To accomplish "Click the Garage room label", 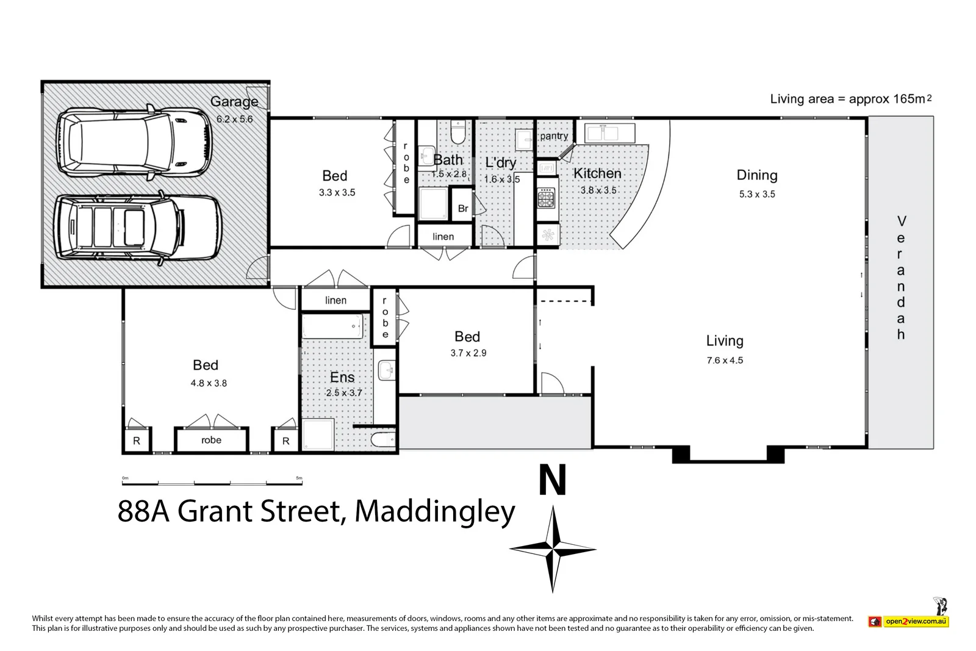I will tap(234, 102).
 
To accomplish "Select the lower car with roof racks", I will tap(137, 227).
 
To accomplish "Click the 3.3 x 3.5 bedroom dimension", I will tap(337, 192).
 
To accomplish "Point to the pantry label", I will tap(554, 136).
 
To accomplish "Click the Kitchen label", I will tap(597, 173).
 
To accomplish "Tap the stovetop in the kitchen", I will tap(547, 198).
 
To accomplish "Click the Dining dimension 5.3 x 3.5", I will tap(757, 194).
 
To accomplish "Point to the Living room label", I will tap(725, 341).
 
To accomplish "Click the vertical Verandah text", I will tap(901, 278).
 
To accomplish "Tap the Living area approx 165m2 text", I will tap(850, 99).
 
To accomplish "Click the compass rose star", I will tap(553, 549).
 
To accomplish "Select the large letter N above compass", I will tap(553, 480).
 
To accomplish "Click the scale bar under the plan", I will tap(212, 483).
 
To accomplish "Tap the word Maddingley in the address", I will tap(434, 511).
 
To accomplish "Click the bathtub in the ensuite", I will tap(332, 326).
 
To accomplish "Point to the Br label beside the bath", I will tap(463, 209).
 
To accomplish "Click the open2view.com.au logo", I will tap(916, 621).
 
